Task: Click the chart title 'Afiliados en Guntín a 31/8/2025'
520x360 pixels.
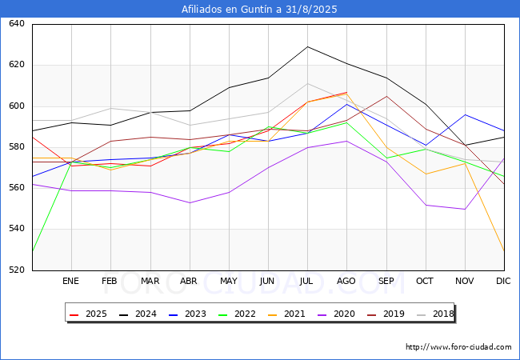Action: [x=259, y=10]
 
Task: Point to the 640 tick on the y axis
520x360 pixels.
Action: [x=18, y=24]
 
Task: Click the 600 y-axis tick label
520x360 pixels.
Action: [x=18, y=106]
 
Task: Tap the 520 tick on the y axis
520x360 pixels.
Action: [x=18, y=270]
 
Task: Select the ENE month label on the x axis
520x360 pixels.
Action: [x=71, y=281]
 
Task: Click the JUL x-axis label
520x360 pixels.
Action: [x=307, y=281]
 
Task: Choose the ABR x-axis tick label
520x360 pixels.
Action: [x=189, y=281]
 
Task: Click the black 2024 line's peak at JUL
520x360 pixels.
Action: [x=307, y=46]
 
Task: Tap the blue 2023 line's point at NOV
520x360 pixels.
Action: [x=465, y=114]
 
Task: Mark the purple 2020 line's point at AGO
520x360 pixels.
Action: [x=346, y=141]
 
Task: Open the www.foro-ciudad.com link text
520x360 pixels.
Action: [x=458, y=347]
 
